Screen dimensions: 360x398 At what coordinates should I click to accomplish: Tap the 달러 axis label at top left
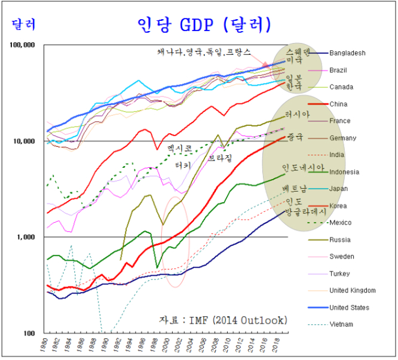23,24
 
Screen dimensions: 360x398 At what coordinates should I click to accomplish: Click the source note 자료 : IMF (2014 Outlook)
223,321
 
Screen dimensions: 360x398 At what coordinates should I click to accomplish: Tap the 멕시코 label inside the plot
180,147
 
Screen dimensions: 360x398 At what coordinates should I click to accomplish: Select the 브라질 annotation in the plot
220,159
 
